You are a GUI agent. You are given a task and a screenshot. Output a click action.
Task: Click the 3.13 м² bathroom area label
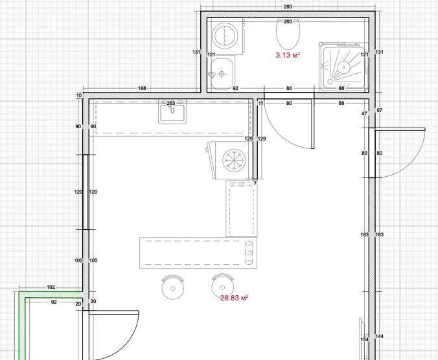288,54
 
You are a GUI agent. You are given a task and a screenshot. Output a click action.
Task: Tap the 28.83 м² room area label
234,298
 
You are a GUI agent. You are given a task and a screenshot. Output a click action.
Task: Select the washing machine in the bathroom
228,36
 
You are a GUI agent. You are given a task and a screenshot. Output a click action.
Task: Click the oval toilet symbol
288,33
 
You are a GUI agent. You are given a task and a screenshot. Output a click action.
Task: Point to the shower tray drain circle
343,67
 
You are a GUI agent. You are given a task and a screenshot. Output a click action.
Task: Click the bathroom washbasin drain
222,74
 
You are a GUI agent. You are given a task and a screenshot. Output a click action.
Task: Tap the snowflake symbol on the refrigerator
235,160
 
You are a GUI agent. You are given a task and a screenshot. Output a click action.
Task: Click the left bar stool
173,287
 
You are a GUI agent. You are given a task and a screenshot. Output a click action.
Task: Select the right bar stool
223,285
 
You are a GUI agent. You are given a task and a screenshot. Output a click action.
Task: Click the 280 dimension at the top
288,6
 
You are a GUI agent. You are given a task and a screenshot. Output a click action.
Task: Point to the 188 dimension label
142,88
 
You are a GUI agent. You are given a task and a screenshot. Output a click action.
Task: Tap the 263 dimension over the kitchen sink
170,103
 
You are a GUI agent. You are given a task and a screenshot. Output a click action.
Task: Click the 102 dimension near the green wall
51,287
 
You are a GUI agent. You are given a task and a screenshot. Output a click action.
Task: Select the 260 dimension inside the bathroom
288,21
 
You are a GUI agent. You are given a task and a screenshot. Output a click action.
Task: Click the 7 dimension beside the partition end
255,184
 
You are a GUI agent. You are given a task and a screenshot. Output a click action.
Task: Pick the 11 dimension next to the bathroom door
260,103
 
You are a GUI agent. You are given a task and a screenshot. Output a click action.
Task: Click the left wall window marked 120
86,192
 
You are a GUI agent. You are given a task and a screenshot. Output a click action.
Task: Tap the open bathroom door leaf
312,124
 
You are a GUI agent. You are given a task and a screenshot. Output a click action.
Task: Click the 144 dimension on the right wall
379,336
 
